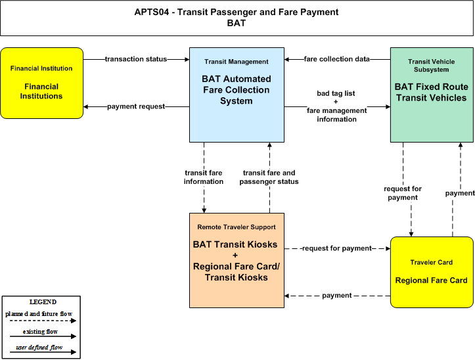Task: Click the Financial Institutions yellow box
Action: [42, 83]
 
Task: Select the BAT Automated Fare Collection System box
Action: [237, 95]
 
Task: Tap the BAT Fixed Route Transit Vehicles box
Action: [432, 95]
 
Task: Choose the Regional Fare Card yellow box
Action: [432, 272]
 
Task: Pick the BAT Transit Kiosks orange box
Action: [237, 260]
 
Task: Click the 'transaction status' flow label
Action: [136, 59]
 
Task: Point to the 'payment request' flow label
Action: [136, 106]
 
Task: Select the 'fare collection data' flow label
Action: [336, 59]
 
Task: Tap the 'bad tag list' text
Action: [336, 93]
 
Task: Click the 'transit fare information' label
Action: [204, 177]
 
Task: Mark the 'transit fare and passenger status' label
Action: [269, 177]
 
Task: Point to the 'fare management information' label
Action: [336, 115]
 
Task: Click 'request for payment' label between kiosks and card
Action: [337, 248]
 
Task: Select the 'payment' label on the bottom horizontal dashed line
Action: [337, 296]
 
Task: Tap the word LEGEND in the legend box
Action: [43, 302]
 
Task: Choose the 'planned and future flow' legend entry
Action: [39, 314]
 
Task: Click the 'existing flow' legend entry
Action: [40, 332]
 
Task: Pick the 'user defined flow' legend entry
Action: [39, 348]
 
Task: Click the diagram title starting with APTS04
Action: [237, 17]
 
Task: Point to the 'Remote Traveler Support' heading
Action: [237, 227]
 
